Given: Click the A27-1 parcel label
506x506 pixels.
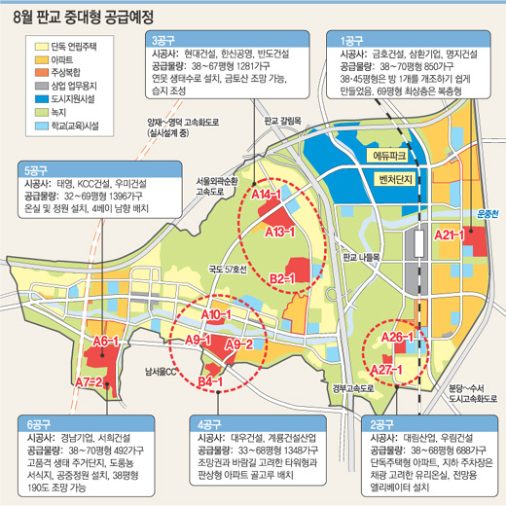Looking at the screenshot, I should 386,371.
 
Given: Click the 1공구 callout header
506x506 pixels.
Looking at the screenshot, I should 351,40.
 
